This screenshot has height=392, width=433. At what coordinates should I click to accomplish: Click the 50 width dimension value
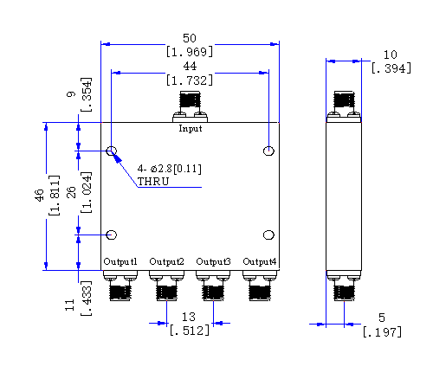click(190, 38)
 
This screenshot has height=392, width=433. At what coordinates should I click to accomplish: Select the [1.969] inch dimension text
click(190, 52)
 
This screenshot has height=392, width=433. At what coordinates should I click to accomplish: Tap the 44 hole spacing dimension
click(190, 66)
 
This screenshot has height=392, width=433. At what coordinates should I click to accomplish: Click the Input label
click(191, 128)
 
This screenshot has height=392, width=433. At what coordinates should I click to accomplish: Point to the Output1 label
click(120, 261)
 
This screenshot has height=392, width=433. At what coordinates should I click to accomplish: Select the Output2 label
click(166, 261)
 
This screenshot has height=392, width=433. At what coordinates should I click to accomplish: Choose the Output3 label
click(213, 261)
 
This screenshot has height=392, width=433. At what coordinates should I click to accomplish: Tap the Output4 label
click(260, 261)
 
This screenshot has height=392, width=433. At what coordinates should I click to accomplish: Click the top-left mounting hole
click(112, 151)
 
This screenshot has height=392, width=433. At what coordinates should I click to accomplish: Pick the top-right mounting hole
click(268, 151)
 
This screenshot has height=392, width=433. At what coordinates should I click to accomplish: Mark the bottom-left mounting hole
click(112, 235)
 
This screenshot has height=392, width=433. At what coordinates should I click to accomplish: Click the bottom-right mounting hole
click(268, 235)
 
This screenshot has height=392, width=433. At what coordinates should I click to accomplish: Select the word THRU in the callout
click(153, 182)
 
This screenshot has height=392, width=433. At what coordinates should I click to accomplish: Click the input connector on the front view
click(190, 106)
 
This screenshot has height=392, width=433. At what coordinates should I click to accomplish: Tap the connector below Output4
click(260, 286)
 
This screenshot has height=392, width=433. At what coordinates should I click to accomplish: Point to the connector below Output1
click(120, 286)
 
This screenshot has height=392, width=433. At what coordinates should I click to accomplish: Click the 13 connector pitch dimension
click(189, 317)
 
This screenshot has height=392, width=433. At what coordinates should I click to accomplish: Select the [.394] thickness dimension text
click(391, 68)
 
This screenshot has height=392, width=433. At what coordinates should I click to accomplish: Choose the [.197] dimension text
click(382, 332)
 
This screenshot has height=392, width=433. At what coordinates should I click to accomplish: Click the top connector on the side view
click(344, 106)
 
